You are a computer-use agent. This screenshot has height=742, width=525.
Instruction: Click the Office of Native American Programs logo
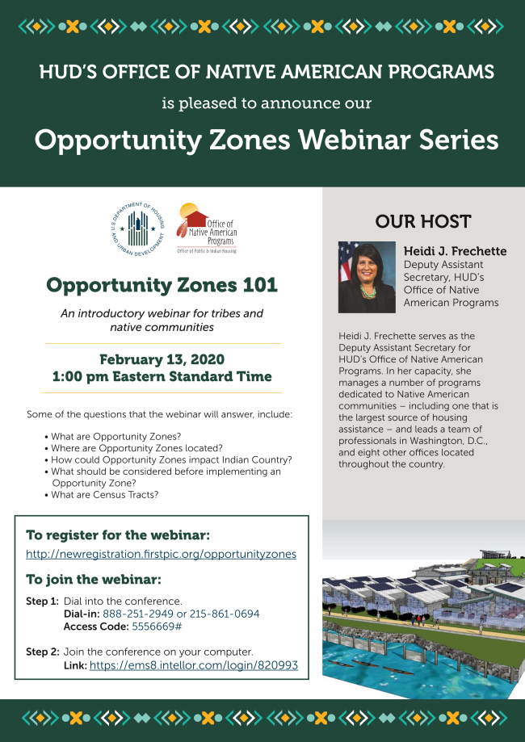(x=207, y=228)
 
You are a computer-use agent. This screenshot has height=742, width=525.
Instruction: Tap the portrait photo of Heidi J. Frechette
(x=366, y=277)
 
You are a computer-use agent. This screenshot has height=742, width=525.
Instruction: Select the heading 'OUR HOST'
(x=423, y=221)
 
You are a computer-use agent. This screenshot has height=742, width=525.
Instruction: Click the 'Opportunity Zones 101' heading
(x=162, y=285)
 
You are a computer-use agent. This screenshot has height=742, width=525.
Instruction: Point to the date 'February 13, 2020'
(x=162, y=359)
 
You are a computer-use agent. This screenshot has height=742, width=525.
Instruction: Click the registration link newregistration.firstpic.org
(x=161, y=555)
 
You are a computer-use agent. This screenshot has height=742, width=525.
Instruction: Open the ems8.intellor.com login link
(x=194, y=665)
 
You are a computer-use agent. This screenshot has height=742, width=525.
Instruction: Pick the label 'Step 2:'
(x=42, y=652)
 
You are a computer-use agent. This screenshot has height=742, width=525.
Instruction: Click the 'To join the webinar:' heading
(x=94, y=580)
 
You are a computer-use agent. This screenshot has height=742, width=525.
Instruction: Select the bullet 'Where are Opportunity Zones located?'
(x=136, y=448)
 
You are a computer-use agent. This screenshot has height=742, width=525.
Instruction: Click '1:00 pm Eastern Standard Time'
(x=162, y=377)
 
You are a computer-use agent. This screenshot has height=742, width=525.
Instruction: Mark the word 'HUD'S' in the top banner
(x=65, y=72)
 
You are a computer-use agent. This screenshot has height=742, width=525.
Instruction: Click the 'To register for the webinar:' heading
(x=118, y=535)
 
